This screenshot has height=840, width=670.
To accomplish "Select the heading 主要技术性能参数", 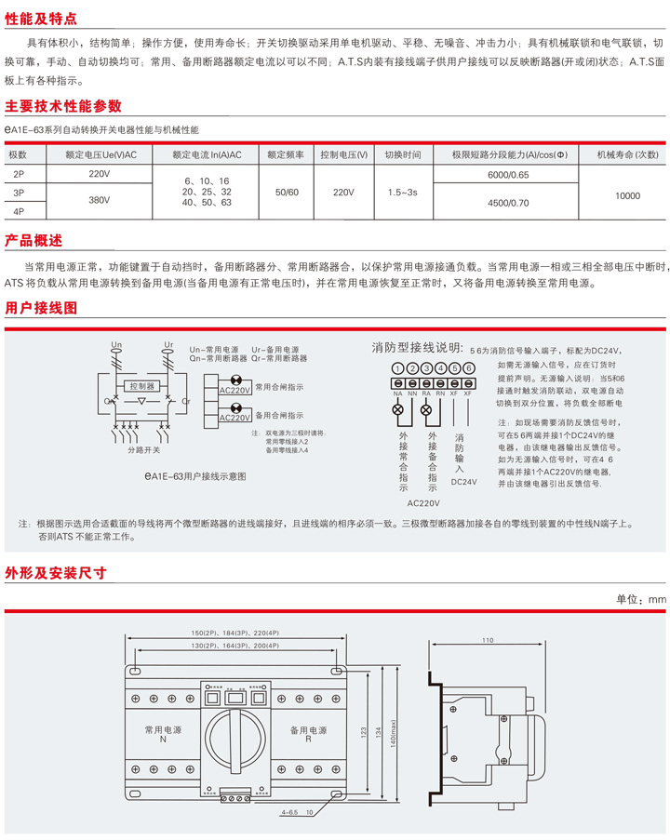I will (63, 106).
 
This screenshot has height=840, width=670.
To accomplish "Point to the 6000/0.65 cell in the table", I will (507, 174).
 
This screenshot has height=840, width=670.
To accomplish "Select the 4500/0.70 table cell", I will (507, 202).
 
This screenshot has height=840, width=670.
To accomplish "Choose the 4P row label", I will (19, 211).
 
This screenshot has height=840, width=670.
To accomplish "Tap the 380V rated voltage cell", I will (100, 200).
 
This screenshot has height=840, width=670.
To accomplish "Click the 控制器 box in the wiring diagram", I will (142, 386).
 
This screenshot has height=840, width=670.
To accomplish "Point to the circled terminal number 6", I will (469, 368).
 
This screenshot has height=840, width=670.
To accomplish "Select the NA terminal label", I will (397, 394).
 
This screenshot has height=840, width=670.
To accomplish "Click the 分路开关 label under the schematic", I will (144, 449).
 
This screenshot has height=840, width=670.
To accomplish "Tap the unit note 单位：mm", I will (642, 599).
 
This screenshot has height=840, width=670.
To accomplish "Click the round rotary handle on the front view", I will (235, 734).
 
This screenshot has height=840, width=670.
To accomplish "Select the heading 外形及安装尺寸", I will (56, 572).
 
